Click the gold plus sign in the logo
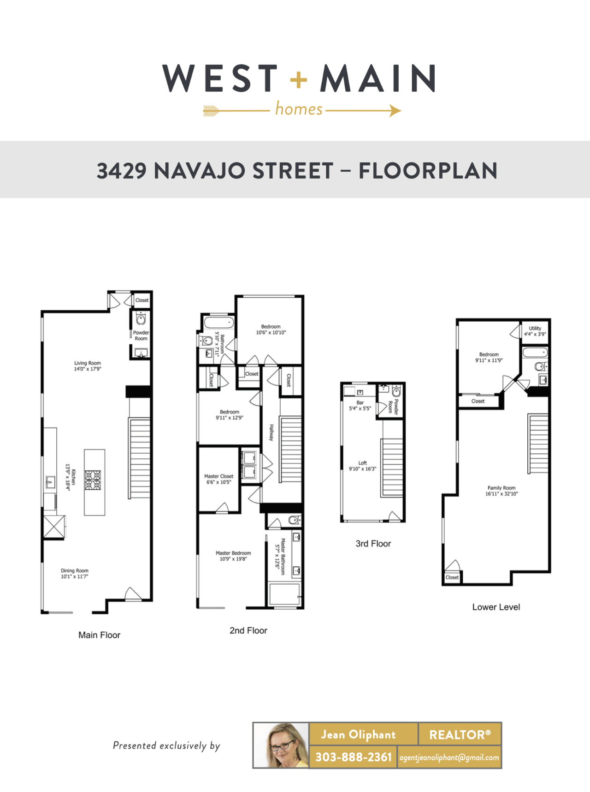click(298, 79)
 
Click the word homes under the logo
click(299, 109)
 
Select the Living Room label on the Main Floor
click(88, 363)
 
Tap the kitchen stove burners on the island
click(93, 480)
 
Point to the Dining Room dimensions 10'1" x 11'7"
click(74, 576)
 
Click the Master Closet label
click(218, 476)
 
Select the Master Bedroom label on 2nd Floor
click(233, 553)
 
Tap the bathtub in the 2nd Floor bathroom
click(218, 322)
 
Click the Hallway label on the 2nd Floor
click(271, 432)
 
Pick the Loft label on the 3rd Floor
click(363, 463)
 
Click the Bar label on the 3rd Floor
click(360, 402)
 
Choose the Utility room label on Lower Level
click(535, 328)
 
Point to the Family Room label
click(501, 488)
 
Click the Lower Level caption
click(496, 607)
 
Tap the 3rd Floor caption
click(373, 544)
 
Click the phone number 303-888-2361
click(353, 757)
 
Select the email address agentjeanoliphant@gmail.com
click(449, 757)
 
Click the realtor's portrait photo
click(281, 745)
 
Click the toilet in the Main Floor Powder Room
click(141, 319)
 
